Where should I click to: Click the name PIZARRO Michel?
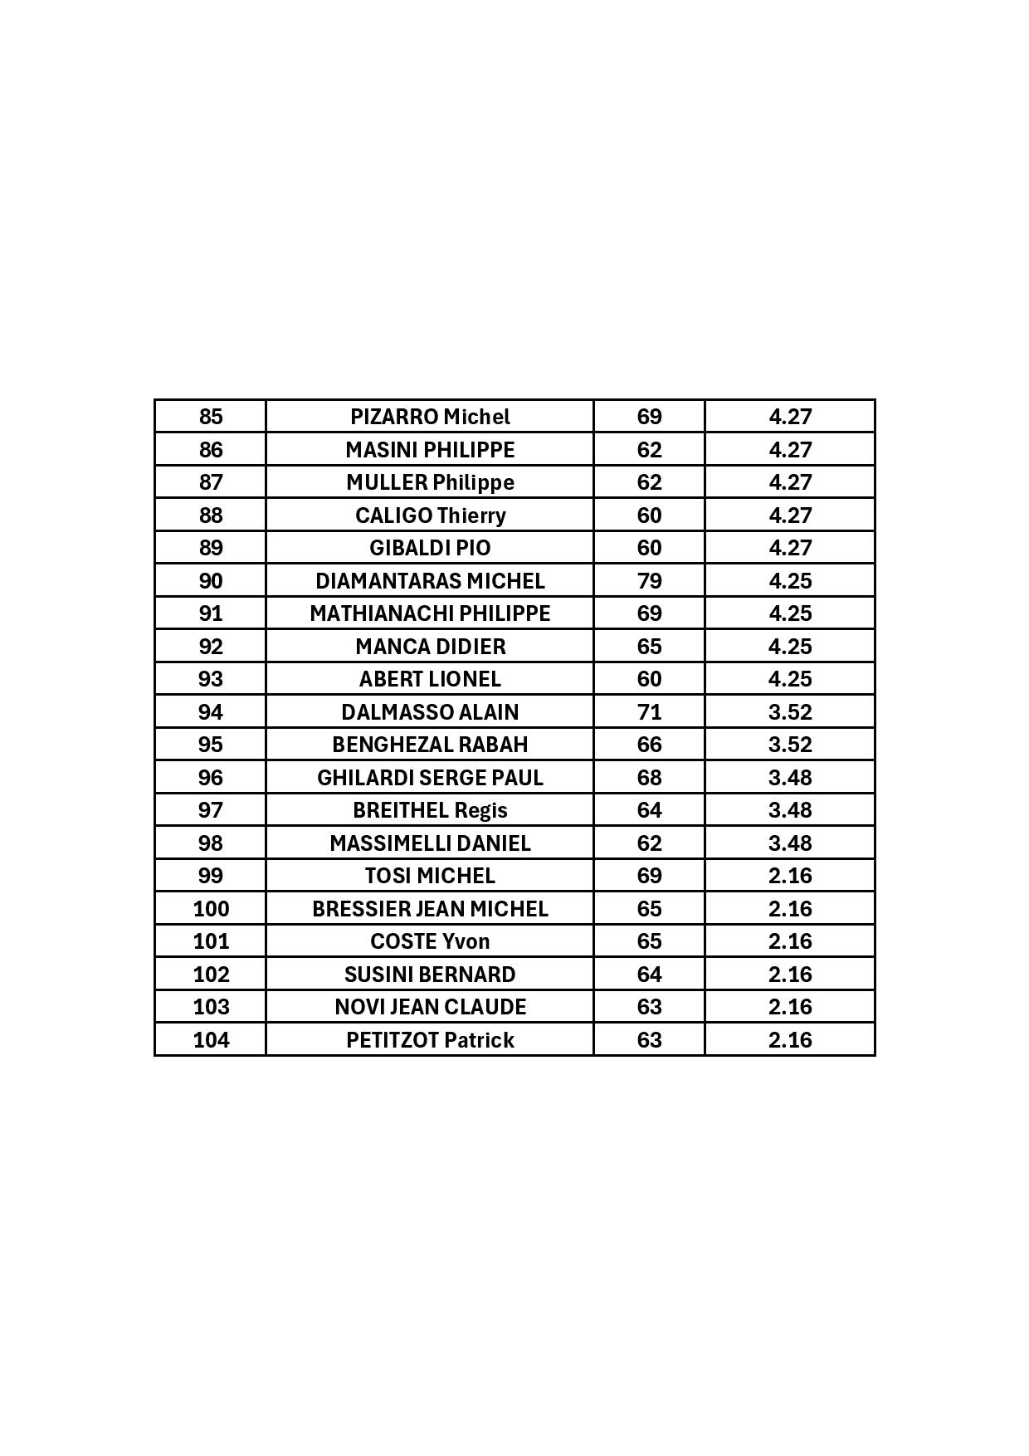[x=430, y=417]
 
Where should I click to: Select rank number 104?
[x=211, y=1040]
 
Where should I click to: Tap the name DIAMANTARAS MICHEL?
[x=430, y=581]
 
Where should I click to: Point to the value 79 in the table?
[x=649, y=581]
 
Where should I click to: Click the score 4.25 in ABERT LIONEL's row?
[x=790, y=679]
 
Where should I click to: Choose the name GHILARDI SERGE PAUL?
[x=430, y=778]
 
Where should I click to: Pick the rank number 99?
[x=211, y=876]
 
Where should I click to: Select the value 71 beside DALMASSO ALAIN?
[x=649, y=712]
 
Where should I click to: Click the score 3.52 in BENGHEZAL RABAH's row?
[x=790, y=745]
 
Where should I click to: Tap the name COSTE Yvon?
[x=430, y=941]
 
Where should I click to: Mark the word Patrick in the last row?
[x=479, y=1040]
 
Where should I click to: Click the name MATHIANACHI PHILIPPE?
[x=430, y=613]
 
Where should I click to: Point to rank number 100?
[x=211, y=909]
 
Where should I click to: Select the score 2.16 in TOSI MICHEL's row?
[x=790, y=876]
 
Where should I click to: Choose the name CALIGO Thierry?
[x=430, y=515]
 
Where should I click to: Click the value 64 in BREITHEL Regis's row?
[x=649, y=810]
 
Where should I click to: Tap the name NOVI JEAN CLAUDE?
[x=430, y=1007]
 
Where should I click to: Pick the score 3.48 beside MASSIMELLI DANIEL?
[x=790, y=843]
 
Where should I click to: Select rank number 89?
[x=211, y=548]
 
